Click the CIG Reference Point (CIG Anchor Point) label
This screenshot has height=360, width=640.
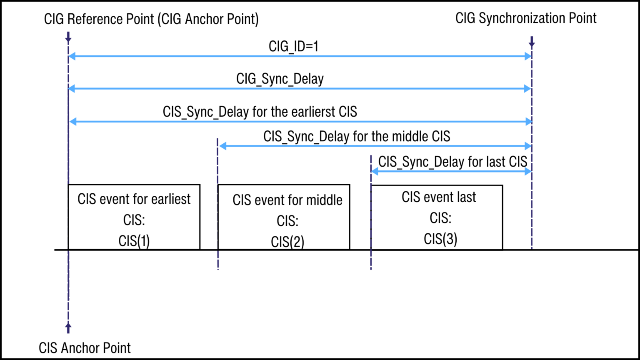pos(151,19)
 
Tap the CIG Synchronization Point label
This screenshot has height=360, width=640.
pos(526,18)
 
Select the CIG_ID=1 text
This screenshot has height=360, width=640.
pos(293,46)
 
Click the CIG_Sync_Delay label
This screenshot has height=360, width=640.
pos(280,79)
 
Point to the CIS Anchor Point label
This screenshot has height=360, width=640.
pos(85,348)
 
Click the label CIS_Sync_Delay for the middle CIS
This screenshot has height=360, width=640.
pos(357,137)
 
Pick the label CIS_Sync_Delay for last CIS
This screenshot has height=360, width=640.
pos(452,162)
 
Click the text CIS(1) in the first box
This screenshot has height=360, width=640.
pos(134,241)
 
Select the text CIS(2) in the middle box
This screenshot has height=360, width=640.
pos(287,242)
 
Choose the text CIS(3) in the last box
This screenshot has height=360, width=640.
pos(440,239)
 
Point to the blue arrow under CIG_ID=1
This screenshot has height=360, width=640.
pos(300,56)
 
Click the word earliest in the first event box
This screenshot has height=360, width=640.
pos(170,199)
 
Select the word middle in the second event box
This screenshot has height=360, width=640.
pos(324,200)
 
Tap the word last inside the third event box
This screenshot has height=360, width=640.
pos(466,197)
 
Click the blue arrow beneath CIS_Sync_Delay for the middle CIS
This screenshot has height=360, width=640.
pos(375,146)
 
